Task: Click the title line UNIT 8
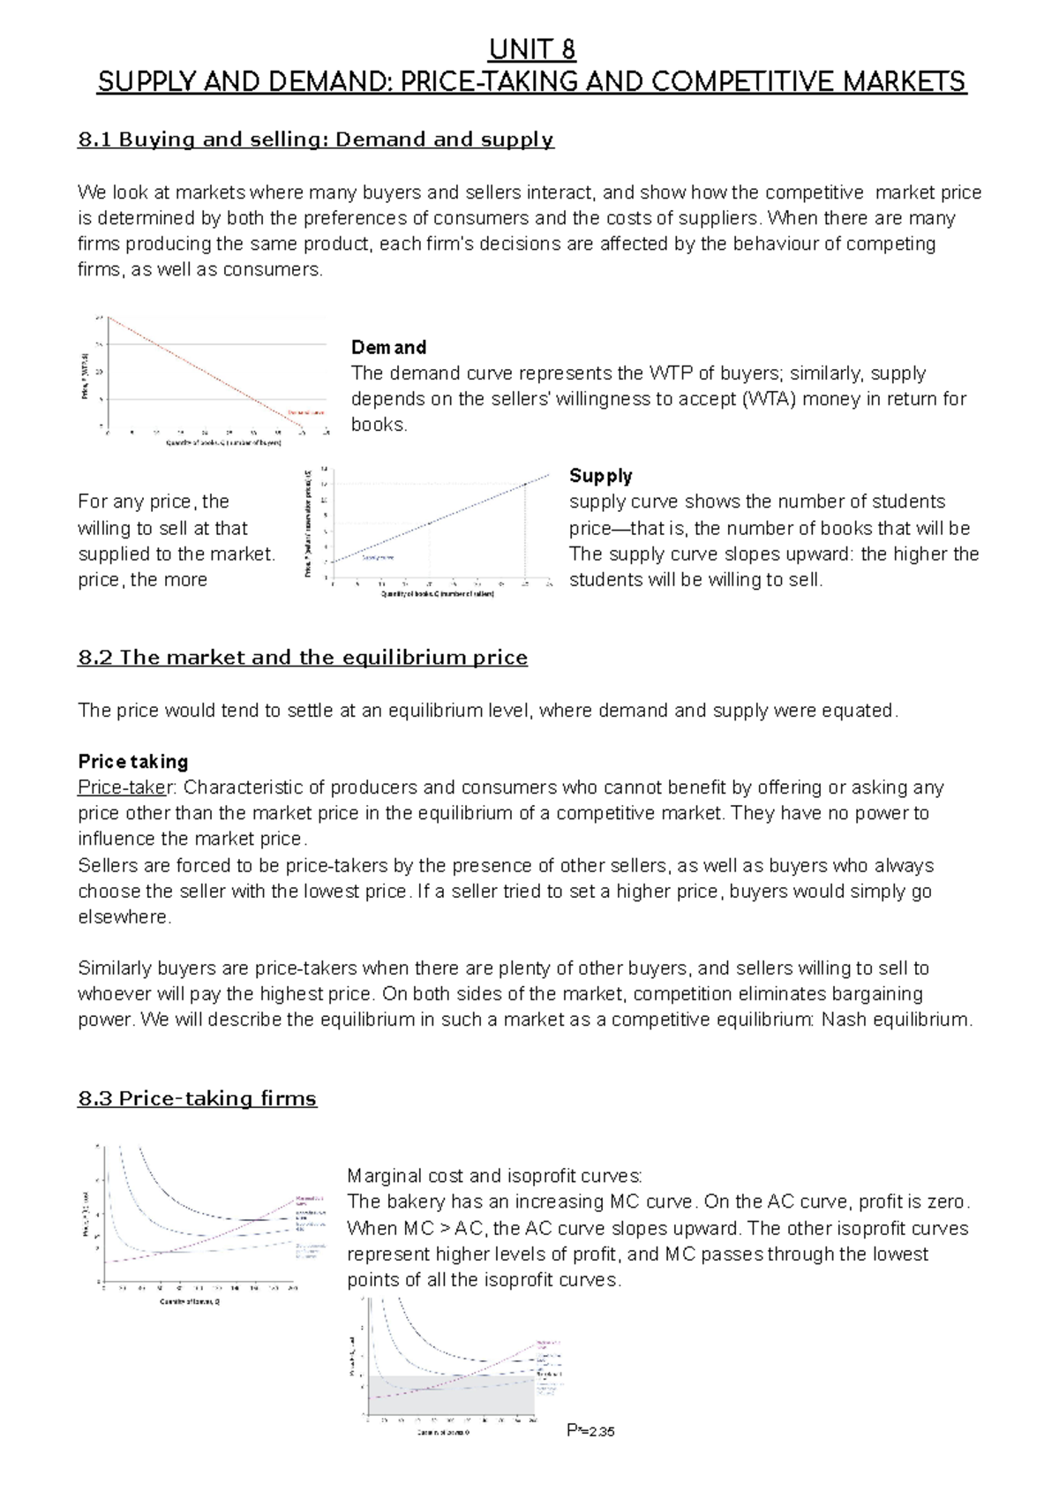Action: coord(532,49)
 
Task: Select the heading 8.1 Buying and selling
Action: coord(315,139)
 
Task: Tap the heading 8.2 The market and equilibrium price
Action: coord(303,658)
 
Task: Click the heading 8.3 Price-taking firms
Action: coord(197,1099)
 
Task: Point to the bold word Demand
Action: coord(388,347)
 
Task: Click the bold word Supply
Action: coord(600,476)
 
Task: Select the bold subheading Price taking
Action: coord(133,761)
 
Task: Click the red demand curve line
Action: coord(203,371)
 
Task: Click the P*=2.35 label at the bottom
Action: coord(590,1431)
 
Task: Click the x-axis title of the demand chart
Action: coord(223,443)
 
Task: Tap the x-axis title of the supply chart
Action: coord(437,594)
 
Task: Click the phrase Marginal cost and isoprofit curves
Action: coord(494,1176)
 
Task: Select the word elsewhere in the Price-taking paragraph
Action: coord(124,917)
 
